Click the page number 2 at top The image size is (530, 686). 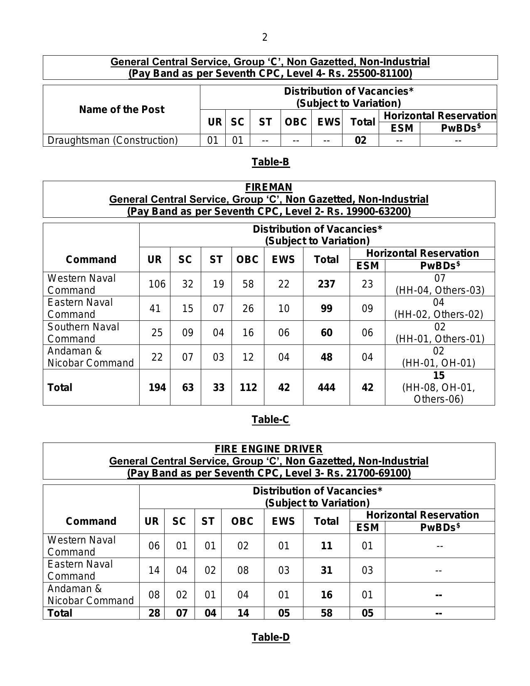pos(265,37)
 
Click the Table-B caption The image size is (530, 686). pos(270,162)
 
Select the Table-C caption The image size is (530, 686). pos(270,420)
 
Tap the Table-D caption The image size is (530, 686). pos(271,637)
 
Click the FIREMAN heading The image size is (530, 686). pos(269,187)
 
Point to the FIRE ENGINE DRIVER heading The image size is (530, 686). pos(269,449)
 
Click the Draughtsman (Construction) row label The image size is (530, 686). pos(113,140)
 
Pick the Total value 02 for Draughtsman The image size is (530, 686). pos(360,140)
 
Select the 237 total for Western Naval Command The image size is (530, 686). pos(326,284)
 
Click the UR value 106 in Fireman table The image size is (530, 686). pos(157,284)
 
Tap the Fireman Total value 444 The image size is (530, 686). pos(326,388)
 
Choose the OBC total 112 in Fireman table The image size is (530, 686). pos(248,388)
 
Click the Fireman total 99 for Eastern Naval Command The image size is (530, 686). pos(326,309)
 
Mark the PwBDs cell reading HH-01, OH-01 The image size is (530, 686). pos(439,363)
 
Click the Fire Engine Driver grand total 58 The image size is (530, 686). pos(326,613)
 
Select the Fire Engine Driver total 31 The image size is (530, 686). pos(326,570)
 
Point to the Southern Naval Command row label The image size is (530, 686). pos(83,333)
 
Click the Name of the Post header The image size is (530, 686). pos(121,110)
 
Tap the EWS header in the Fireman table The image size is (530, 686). pos(283,260)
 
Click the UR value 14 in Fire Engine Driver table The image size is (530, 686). pos(154,570)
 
